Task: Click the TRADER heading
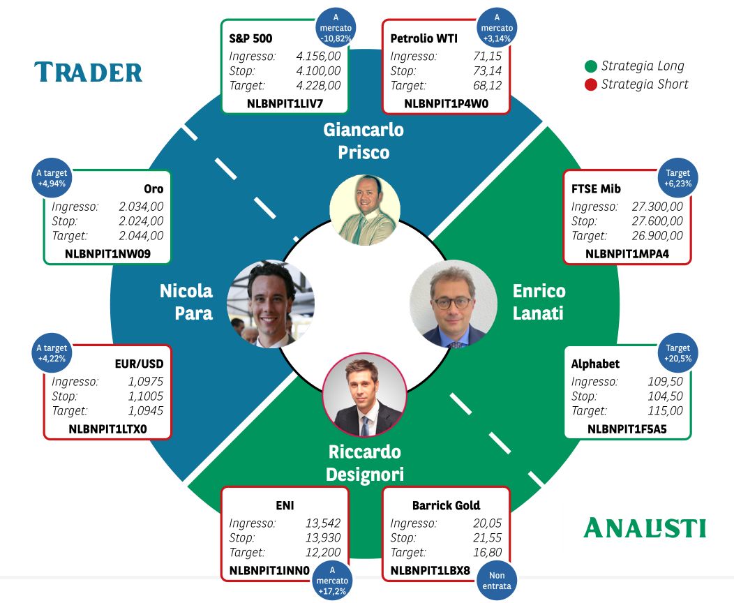tap(88, 72)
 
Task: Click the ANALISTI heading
tap(645, 528)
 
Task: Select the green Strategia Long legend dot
tap(591, 66)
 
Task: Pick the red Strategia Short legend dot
tap(591, 84)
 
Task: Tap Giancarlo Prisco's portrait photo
tap(365, 210)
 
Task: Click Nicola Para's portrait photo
tap(271, 304)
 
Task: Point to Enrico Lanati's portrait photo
tap(453, 304)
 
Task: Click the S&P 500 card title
tap(250, 38)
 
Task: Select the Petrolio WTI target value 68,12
tap(487, 86)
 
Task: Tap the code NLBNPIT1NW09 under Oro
tap(107, 254)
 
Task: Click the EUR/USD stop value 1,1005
tap(146, 396)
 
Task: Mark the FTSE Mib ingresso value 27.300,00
tap(657, 207)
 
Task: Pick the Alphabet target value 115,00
tap(665, 410)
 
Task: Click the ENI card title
tap(285, 505)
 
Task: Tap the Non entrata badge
tap(497, 581)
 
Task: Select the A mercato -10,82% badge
tap(336, 28)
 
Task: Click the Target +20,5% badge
tap(677, 353)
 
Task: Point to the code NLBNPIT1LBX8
tap(430, 571)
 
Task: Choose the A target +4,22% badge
tap(52, 353)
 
